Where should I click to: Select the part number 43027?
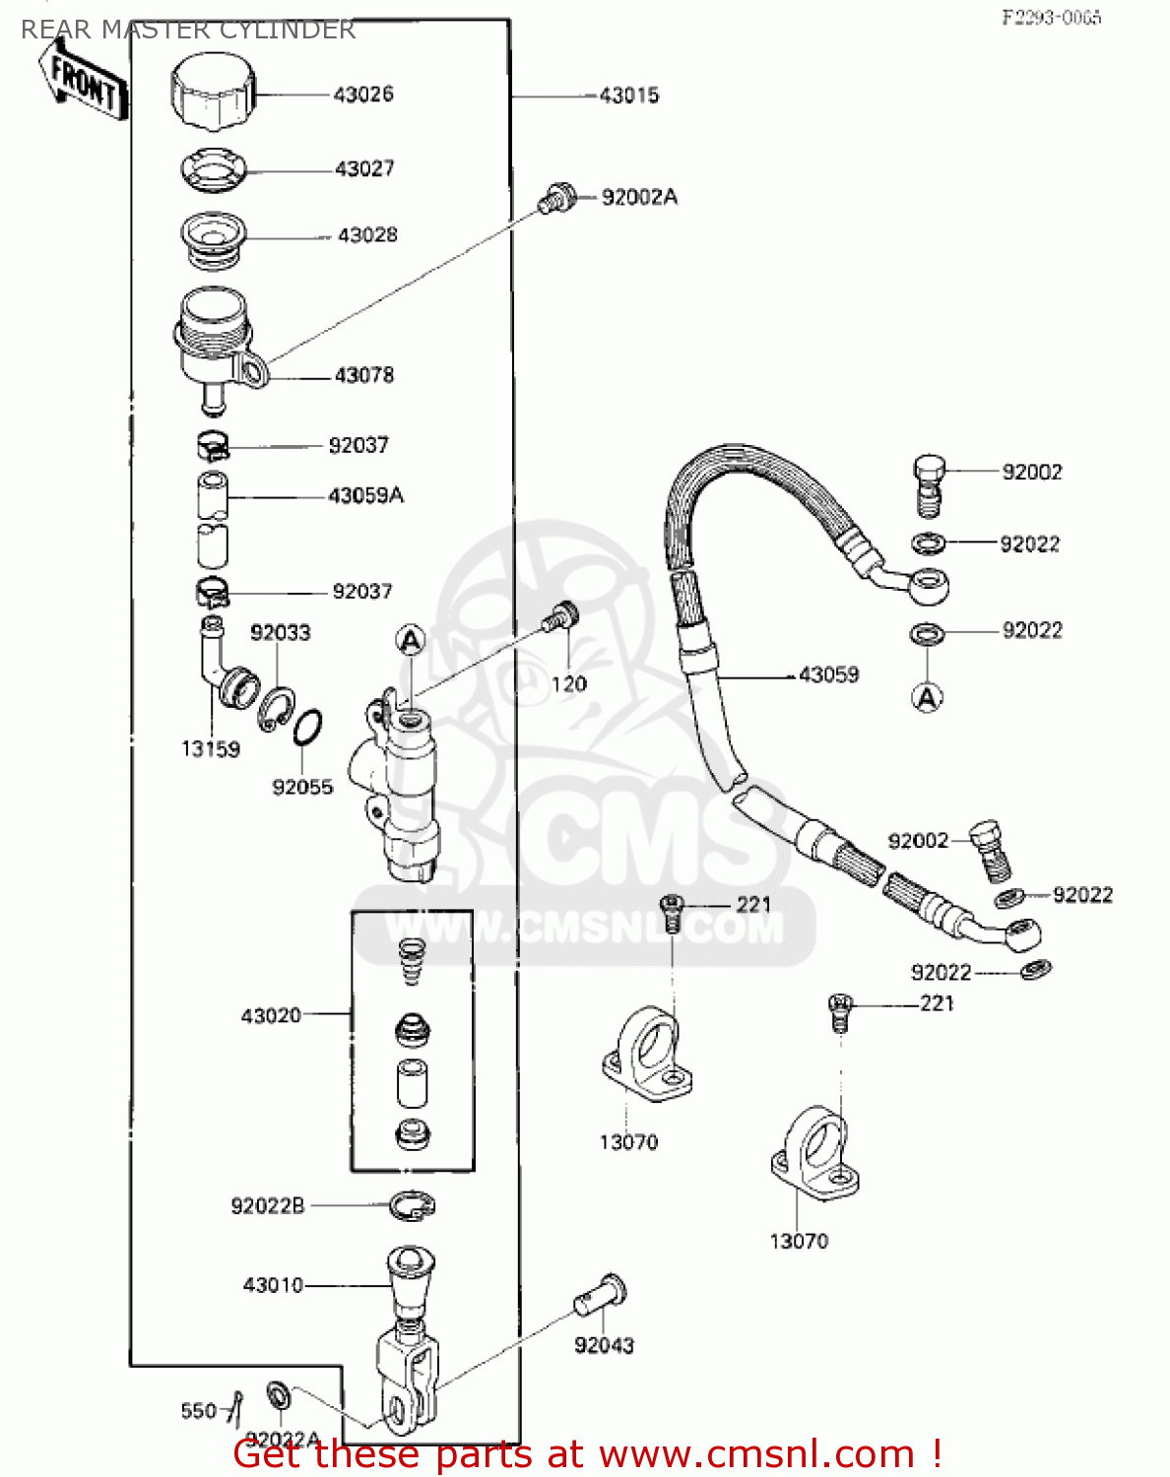pyautogui.click(x=364, y=168)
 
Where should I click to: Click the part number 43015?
pyautogui.click(x=628, y=96)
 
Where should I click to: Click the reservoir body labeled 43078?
pyautogui.click(x=215, y=345)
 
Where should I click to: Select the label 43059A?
pyautogui.click(x=365, y=495)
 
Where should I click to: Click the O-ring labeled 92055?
pyautogui.click(x=307, y=729)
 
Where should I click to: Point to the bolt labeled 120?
pyautogui.click(x=562, y=618)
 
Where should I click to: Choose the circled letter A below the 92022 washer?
pyautogui.click(x=927, y=698)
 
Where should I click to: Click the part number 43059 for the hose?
pyautogui.click(x=828, y=675)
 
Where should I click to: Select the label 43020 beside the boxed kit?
pyautogui.click(x=271, y=1015)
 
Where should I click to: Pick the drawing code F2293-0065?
pyautogui.click(x=1051, y=18)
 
